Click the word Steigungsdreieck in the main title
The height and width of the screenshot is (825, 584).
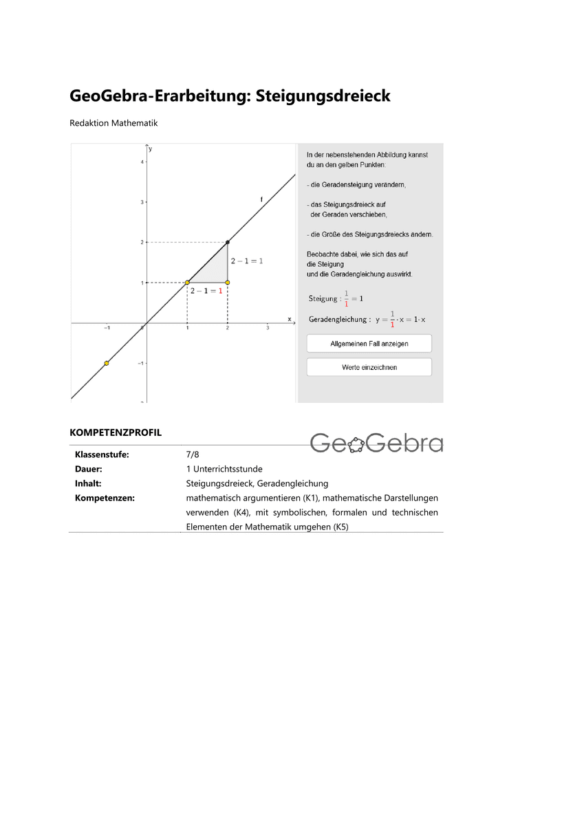point(323,96)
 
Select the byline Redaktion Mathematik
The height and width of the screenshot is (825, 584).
point(113,124)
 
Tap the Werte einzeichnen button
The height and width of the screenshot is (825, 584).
point(369,367)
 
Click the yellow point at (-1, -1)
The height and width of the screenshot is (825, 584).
point(106,363)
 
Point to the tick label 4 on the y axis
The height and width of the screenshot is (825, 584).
point(142,162)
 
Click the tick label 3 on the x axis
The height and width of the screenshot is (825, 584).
point(268,329)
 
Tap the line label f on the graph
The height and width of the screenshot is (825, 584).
point(261,199)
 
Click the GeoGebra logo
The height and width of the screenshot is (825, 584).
point(376,443)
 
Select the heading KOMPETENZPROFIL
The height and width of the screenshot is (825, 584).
point(116,433)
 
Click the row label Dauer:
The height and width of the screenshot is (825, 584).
point(88,469)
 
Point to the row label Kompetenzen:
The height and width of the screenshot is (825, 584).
point(105,498)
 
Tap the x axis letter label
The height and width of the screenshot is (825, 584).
point(289,318)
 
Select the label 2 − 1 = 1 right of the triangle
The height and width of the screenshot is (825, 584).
point(246,261)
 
